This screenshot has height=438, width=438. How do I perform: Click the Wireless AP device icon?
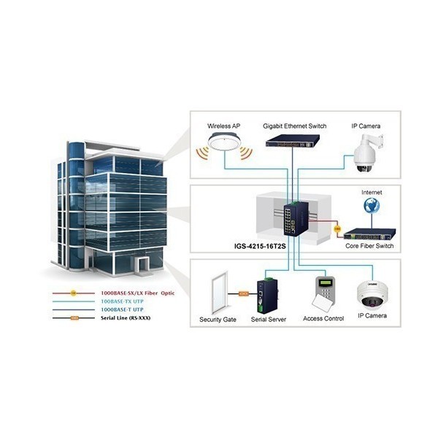(x=224, y=142)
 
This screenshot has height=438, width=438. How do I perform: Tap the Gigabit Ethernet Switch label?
(x=294, y=126)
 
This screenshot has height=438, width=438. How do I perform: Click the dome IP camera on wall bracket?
(x=366, y=153)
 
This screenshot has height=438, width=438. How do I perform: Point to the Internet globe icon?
(x=372, y=206)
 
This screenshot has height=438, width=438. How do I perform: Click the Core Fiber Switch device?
(x=369, y=234)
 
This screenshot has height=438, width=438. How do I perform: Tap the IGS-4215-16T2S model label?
(x=260, y=247)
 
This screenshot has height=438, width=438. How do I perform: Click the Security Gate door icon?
(x=220, y=293)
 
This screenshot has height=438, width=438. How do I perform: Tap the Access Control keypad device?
(x=323, y=293)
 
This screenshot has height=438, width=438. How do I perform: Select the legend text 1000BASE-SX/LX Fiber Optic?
(x=137, y=293)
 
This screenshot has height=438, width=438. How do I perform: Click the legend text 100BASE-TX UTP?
(x=122, y=301)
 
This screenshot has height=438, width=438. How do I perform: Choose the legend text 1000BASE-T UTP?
(x=122, y=310)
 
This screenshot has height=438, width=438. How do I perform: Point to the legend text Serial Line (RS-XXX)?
(x=126, y=318)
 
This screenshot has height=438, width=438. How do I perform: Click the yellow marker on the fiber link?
(x=337, y=229)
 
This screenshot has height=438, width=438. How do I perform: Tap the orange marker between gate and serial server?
(x=244, y=293)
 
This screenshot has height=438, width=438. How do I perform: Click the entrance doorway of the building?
(x=142, y=265)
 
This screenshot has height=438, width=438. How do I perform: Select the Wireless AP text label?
(x=224, y=126)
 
